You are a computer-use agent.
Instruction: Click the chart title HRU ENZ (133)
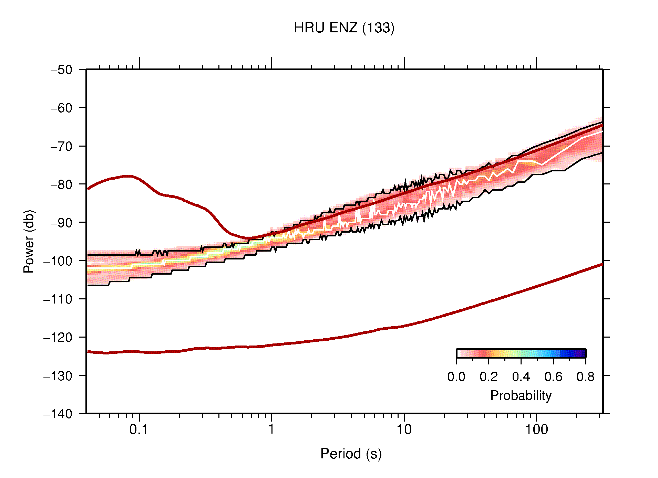[344, 28]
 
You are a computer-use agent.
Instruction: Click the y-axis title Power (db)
[29, 241]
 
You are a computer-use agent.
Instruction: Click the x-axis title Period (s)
[351, 454]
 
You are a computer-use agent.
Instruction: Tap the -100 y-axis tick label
[58, 261]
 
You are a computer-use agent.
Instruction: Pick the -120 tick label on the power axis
[58, 338]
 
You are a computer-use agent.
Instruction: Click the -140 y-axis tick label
[58, 414]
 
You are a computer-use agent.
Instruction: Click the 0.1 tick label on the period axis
[139, 429]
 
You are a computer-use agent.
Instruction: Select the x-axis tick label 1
[271, 429]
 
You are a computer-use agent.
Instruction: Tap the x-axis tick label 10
[404, 429]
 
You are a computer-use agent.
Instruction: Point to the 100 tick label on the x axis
[536, 429]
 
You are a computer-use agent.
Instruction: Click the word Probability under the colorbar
[521, 396]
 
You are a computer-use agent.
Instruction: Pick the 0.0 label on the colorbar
[456, 377]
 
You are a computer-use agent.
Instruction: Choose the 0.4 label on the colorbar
[521, 377]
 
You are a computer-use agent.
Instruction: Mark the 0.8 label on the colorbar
[585, 377]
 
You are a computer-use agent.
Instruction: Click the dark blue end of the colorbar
[582, 353]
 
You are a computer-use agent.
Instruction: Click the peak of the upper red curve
[127, 176]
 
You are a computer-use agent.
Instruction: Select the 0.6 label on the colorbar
[553, 377]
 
